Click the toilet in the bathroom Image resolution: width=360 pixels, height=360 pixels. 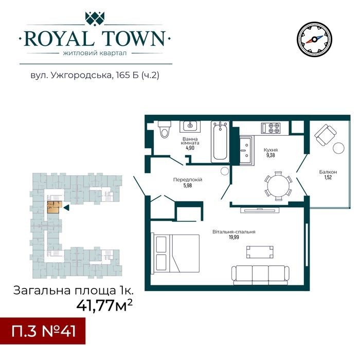tap(165, 129)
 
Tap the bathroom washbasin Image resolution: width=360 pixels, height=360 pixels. tap(190, 126)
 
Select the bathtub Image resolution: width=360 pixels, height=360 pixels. tap(220, 141)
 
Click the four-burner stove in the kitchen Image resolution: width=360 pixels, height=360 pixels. tap(271, 128)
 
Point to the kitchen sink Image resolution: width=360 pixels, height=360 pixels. tap(247, 150)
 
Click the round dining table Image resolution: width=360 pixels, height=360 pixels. tap(278, 186)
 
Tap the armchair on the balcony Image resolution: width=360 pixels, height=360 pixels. tap(326, 135)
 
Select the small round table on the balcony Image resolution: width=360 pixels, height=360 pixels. tap(338, 148)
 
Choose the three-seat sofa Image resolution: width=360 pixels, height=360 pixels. tap(260, 275)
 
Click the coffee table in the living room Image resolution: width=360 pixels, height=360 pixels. tap(260, 252)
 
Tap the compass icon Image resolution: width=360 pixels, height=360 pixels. tap(314, 40)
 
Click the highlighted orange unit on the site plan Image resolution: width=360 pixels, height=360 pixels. tap(55, 207)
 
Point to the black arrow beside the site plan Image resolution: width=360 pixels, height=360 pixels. tap(66, 208)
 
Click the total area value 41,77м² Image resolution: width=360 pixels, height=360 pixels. tap(104, 305)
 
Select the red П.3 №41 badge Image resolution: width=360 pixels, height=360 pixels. tap(43, 331)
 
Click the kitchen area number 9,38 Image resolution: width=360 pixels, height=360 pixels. tap(271, 155)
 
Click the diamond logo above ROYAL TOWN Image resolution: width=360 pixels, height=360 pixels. tap(95, 19)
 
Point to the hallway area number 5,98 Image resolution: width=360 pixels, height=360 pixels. tap(188, 186)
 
